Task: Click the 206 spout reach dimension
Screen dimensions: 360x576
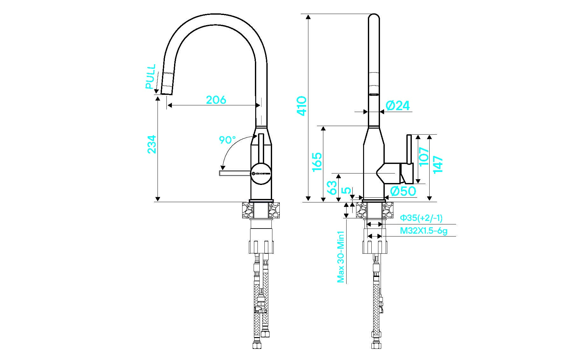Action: click(216, 100)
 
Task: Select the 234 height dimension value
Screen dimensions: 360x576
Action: click(152, 144)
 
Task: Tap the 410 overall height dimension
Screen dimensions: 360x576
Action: click(301, 106)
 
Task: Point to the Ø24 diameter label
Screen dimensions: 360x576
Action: click(398, 106)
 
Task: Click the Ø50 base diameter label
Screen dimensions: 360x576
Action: click(403, 191)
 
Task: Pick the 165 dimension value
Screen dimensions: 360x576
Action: click(317, 162)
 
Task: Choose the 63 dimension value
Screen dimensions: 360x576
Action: click(332, 187)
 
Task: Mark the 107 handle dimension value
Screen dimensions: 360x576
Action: click(424, 157)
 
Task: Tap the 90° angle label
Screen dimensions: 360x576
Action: click(227, 140)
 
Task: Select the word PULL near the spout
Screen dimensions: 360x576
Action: click(151, 76)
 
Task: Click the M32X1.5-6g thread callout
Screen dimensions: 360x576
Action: click(424, 231)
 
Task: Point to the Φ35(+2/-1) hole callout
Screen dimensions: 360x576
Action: click(421, 218)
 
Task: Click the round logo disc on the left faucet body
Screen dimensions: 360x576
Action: click(261, 173)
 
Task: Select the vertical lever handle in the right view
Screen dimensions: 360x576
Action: click(409, 150)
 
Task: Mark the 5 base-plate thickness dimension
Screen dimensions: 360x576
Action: click(348, 191)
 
